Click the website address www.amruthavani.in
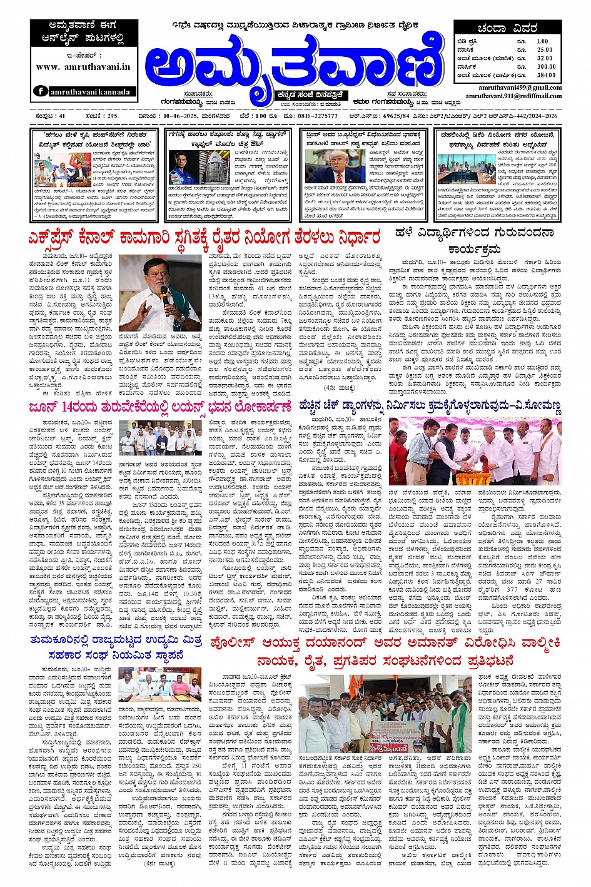pyautogui.click(x=83, y=66)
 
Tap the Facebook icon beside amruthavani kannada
pyautogui.click(x=41, y=91)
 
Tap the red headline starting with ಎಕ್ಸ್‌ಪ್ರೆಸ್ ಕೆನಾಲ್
pyautogui.click(x=204, y=238)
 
